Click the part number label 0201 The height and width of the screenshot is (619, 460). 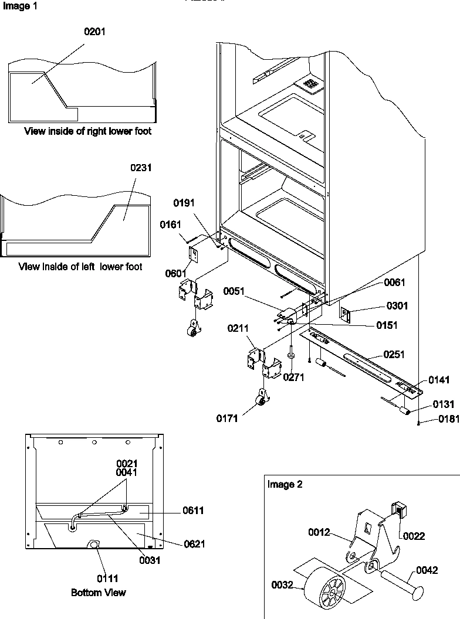click(95, 32)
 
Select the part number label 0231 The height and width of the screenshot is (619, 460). click(141, 168)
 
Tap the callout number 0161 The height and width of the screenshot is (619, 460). click(170, 224)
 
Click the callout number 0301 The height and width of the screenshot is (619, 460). click(397, 305)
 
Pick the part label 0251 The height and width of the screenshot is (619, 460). click(394, 354)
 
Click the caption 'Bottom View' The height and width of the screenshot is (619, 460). click(99, 593)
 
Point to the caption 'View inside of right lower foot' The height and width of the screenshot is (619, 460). click(87, 131)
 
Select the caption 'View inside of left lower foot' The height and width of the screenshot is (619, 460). click(80, 267)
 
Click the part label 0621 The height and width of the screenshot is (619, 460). click(194, 543)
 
